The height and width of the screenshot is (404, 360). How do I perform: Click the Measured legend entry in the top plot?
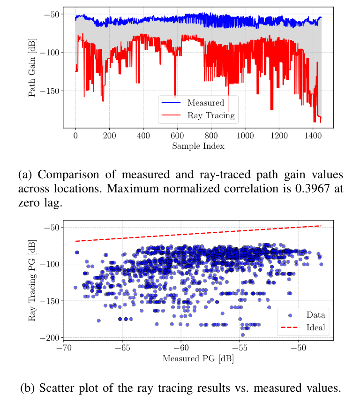(205, 103)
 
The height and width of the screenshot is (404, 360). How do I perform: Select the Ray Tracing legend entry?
(210, 115)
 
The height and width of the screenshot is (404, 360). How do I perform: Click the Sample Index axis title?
(198, 146)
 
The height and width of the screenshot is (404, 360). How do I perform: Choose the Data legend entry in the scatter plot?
(315, 315)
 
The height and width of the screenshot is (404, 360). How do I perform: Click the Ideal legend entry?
(315, 327)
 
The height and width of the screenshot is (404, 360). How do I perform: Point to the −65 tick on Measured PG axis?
(122, 349)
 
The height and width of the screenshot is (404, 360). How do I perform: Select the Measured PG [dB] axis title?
(198, 359)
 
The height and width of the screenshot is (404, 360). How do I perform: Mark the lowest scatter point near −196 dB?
(242, 335)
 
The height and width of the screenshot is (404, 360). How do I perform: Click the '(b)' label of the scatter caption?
(28, 388)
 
